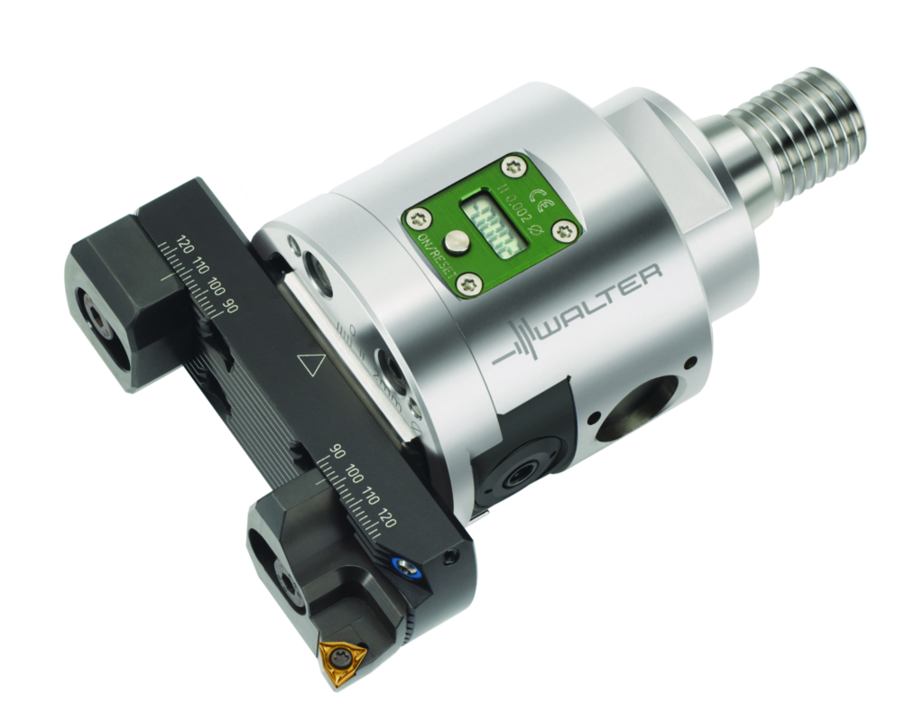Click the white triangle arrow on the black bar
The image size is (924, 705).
click(x=311, y=365)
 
